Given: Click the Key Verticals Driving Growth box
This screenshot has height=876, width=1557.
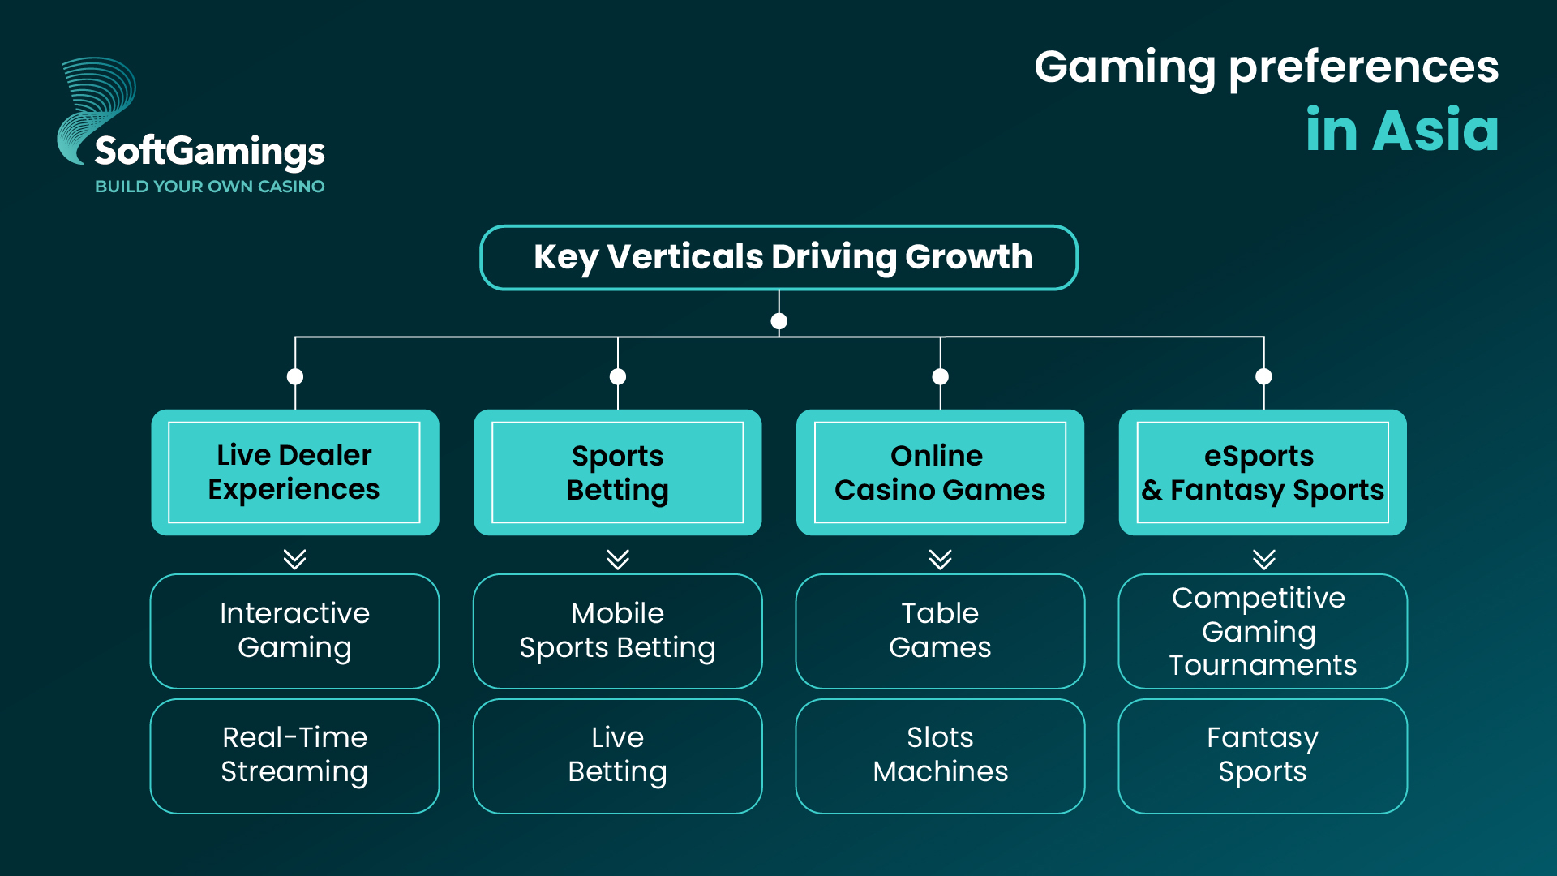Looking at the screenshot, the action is point(778,257).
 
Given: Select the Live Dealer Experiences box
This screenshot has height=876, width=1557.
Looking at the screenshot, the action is point(294,472).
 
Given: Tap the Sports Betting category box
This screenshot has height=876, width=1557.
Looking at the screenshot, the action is point(617,472).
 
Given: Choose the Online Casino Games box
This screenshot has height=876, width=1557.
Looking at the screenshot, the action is point(940,472).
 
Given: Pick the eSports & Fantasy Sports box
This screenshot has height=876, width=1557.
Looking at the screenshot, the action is point(1263,472).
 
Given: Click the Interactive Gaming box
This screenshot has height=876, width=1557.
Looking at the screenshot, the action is point(294,631).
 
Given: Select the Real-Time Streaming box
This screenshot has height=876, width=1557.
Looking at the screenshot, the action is point(294,756).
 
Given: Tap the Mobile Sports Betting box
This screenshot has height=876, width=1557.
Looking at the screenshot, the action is point(617,631).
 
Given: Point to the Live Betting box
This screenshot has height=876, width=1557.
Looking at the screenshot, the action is point(617,756).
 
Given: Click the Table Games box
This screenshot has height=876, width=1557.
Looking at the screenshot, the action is point(940,631).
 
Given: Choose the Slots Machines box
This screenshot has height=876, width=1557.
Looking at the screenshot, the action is point(940,756).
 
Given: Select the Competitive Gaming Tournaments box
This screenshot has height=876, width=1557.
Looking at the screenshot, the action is point(1263,631).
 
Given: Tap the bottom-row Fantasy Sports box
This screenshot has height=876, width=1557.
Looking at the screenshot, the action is point(1263,756).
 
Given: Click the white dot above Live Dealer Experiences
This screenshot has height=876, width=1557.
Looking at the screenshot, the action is point(295,376).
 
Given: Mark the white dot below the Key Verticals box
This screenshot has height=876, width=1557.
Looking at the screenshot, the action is point(779,321).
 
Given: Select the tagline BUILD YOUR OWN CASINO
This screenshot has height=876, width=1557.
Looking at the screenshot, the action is point(210,187).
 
